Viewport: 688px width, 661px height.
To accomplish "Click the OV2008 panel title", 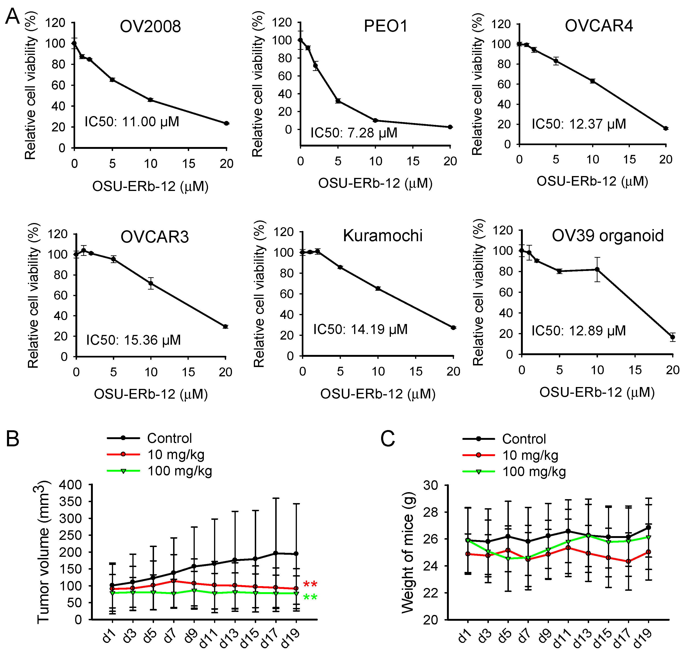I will point(150,26).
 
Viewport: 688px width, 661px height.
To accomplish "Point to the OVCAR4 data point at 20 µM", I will point(665,128).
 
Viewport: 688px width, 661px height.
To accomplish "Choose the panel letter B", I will point(13,439).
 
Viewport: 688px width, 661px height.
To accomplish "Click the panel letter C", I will point(388,439).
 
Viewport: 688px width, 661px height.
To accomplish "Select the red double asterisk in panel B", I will point(310,584).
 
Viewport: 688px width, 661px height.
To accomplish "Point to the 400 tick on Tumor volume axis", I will point(70,485).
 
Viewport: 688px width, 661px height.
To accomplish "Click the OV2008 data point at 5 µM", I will point(112,80).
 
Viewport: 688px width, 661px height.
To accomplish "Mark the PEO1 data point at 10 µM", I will point(375,120).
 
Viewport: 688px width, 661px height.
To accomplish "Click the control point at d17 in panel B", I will point(276,553).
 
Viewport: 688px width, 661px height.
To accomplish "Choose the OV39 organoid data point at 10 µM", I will point(597,270).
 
